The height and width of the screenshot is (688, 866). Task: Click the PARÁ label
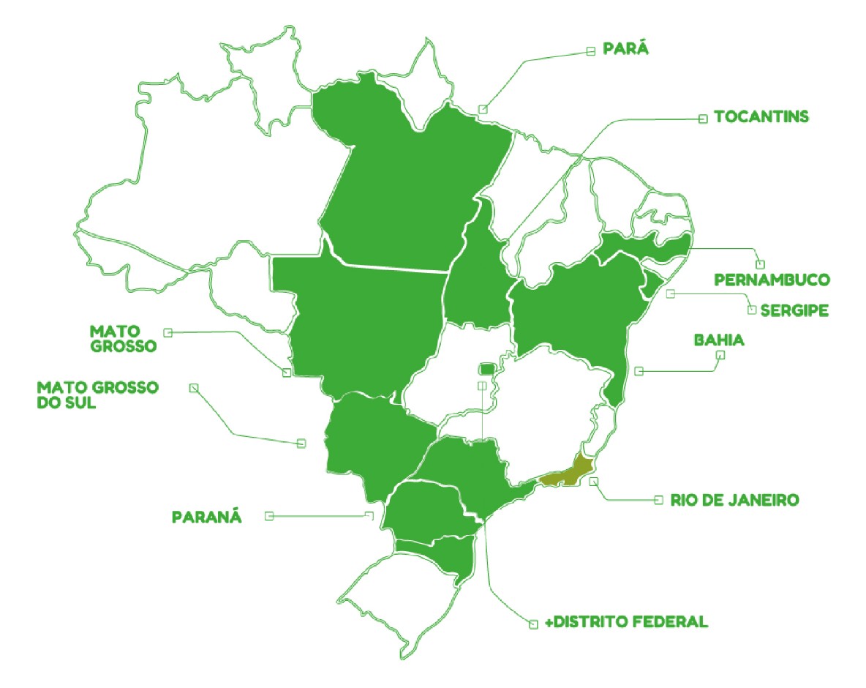(627, 50)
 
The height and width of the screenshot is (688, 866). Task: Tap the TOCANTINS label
(761, 117)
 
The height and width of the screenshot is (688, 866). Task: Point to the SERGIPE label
(794, 310)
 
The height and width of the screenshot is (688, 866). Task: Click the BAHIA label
(718, 340)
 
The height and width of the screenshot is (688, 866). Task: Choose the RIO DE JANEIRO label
(734, 501)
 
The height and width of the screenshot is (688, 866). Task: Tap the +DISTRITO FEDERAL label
(627, 623)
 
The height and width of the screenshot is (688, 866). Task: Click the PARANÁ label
(206, 517)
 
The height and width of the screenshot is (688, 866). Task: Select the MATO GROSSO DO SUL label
(97, 395)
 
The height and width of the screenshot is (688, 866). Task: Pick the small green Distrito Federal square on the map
(487, 367)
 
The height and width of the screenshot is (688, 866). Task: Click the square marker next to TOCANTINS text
(703, 118)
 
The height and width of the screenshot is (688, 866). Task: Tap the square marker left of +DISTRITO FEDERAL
(533, 624)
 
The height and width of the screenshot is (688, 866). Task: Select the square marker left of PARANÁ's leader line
(269, 516)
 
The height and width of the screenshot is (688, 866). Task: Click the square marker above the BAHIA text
(720, 356)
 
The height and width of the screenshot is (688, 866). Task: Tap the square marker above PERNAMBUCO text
(760, 264)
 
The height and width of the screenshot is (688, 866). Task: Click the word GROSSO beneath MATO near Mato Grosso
(124, 345)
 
